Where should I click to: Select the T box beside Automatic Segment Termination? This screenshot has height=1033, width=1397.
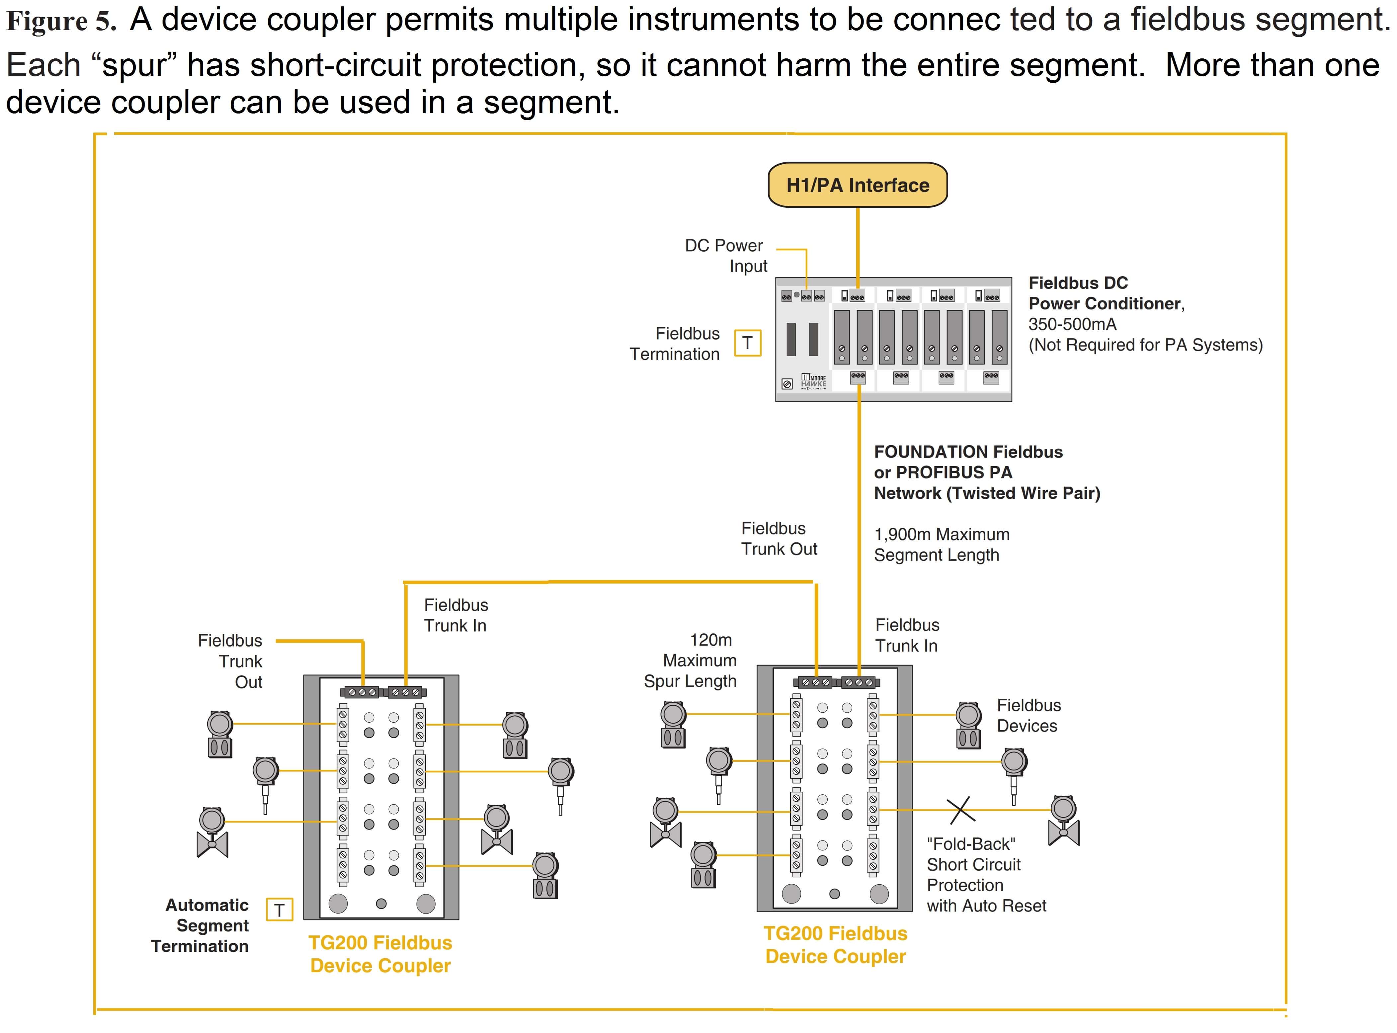[x=280, y=910]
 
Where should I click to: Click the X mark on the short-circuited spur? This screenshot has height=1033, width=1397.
[x=961, y=810]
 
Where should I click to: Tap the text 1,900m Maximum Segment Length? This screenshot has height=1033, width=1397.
[x=942, y=545]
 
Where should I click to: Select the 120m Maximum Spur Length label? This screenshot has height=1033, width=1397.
[x=691, y=660]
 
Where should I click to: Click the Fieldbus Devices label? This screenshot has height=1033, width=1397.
[x=1029, y=715]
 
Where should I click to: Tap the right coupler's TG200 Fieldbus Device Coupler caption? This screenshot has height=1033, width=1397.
[x=836, y=945]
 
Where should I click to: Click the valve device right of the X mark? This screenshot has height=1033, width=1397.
[x=1063, y=821]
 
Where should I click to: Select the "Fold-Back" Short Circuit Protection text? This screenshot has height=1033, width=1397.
[x=986, y=875]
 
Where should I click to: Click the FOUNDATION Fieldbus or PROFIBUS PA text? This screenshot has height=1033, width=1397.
[x=968, y=462]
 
